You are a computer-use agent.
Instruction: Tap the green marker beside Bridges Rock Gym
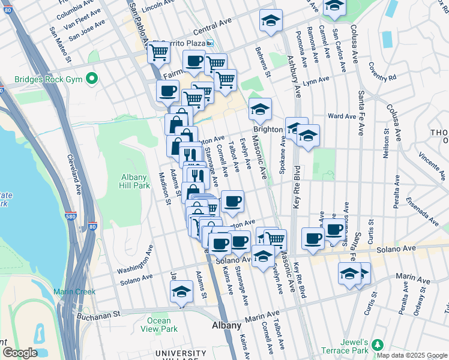91,79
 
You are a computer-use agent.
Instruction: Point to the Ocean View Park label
159,325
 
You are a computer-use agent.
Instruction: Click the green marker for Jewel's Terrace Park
377,344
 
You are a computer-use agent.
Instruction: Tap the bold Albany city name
227,325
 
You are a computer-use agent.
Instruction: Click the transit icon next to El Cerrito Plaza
210,43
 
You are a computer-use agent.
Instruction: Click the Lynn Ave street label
316,80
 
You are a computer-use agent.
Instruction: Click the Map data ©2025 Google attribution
411,355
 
